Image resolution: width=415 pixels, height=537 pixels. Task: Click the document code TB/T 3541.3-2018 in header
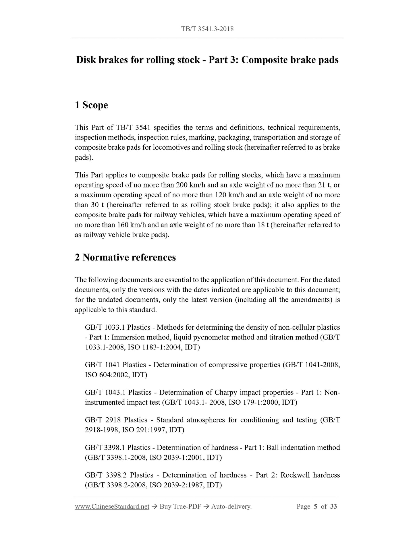[207, 29]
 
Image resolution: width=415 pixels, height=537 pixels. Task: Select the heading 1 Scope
[91, 105]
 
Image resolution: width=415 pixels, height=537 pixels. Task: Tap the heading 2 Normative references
[125, 257]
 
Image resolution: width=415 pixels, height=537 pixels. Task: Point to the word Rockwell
[295, 475]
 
